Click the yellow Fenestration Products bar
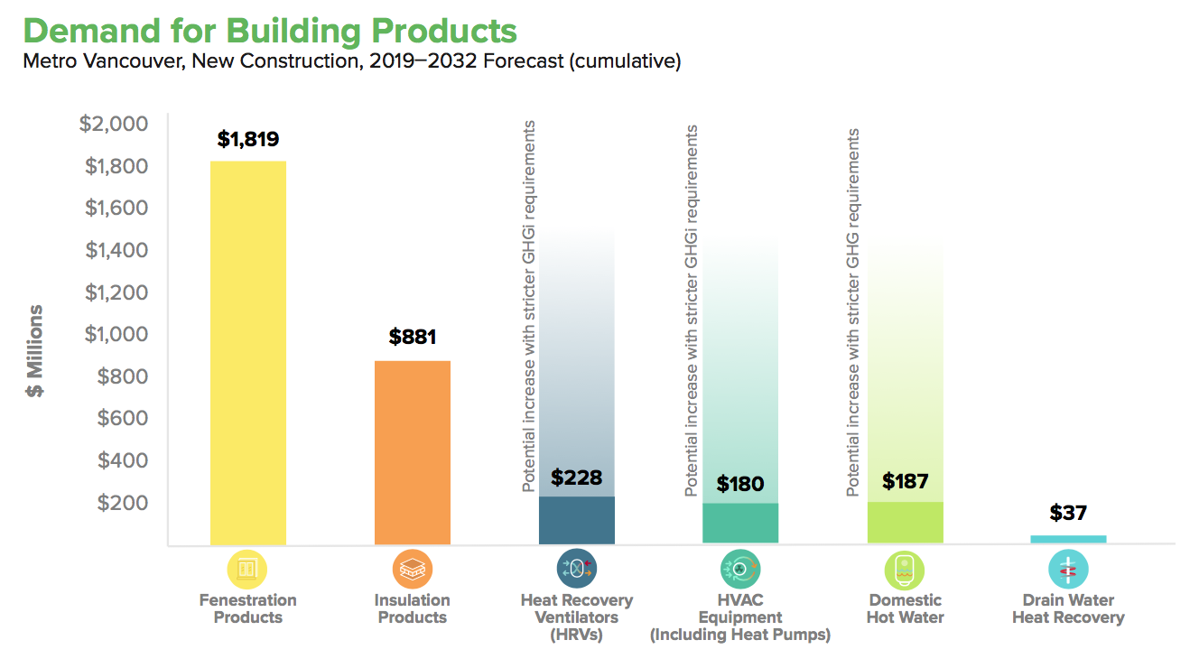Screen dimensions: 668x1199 pos(248,353)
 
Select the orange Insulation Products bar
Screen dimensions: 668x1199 pos(413,452)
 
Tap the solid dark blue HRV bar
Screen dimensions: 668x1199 pos(577,520)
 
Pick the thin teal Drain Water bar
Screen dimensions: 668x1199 pos(1068,539)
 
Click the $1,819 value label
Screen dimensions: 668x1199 pos(248,140)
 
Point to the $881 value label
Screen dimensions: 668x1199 pos(413,337)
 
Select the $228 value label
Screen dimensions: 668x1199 pos(576,478)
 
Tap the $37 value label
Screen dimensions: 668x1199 pos(1068,514)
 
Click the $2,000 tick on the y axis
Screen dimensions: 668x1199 pos(114,124)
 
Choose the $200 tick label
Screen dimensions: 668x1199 pos(123,503)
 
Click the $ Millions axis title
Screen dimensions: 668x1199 pos(35,352)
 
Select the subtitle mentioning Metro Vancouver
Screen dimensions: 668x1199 pos(351,61)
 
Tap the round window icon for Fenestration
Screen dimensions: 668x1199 pos(247,569)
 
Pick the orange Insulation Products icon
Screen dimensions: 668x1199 pos(413,569)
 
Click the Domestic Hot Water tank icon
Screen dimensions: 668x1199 pos(905,569)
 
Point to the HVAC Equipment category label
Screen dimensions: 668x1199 pos(740,617)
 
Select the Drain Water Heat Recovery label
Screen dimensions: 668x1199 pos(1068,609)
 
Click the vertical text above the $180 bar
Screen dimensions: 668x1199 pos(692,311)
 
